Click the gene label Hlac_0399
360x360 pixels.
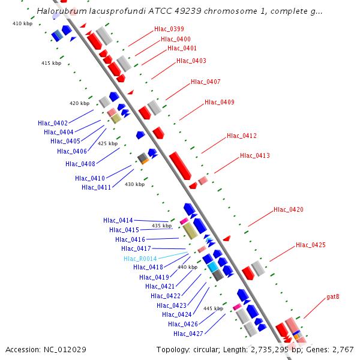[x=169, y=29]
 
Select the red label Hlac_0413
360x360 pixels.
[x=255, y=156]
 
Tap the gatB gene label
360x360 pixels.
[x=333, y=296]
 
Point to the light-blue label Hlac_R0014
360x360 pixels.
[x=140, y=259]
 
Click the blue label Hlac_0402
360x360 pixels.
[x=52, y=123]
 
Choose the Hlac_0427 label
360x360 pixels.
[x=188, y=334]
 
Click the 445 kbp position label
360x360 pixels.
[x=213, y=308]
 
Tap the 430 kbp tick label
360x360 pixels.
[x=134, y=184]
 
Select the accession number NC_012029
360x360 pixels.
[x=46, y=349]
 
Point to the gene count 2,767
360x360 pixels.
[x=342, y=349]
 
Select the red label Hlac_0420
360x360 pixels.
[x=289, y=210]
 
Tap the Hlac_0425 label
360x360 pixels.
[x=311, y=245]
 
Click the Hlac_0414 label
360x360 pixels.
[x=118, y=221]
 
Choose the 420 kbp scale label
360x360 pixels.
[x=79, y=103]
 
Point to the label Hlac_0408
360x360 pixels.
[x=80, y=164]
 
